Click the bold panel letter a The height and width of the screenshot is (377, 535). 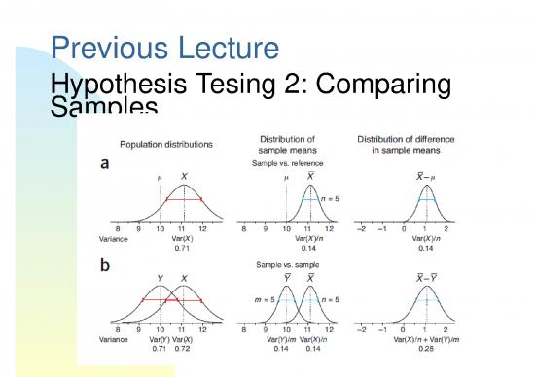click(x=106, y=164)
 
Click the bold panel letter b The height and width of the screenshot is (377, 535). click(x=106, y=264)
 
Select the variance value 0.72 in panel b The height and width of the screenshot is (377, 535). click(x=182, y=348)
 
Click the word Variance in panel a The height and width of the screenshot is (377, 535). click(x=116, y=238)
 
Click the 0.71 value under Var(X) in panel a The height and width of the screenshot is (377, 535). click(x=180, y=247)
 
